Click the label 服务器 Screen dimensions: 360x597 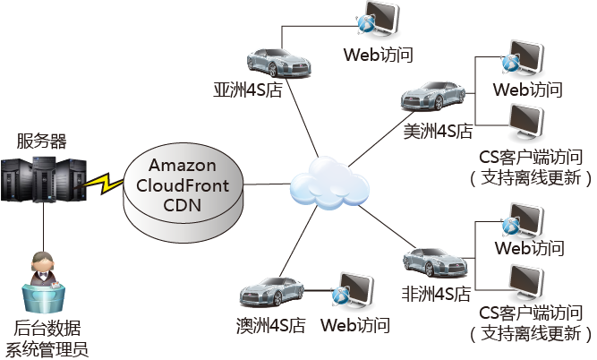point(42,141)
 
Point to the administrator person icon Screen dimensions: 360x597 point(43,274)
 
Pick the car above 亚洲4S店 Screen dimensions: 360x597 point(277,61)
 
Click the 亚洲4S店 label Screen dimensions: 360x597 point(248,90)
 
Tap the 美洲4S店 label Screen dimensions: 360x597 point(439,132)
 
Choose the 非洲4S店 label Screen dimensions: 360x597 point(437,293)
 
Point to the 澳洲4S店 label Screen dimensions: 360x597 point(272,324)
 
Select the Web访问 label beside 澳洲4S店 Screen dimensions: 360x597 point(355,324)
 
